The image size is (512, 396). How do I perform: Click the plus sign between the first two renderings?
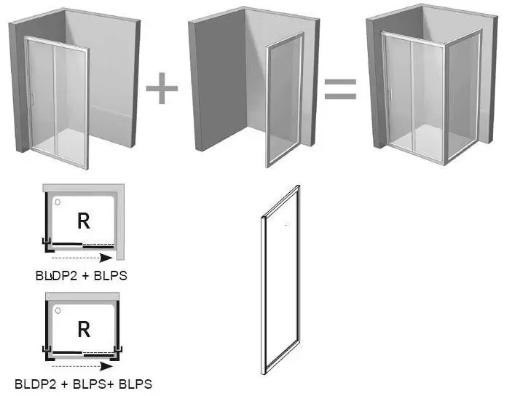[x=162, y=89]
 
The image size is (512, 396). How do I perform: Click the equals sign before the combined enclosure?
[x=340, y=89]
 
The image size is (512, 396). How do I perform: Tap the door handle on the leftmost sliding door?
[x=32, y=100]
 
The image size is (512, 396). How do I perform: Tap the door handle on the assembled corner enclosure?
[x=390, y=94]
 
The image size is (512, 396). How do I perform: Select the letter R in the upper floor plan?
[x=84, y=221]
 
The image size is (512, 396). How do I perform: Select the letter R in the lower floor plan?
[x=84, y=329]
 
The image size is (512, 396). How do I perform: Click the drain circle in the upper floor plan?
[x=58, y=202]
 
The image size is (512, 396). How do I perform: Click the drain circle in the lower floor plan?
[x=58, y=310]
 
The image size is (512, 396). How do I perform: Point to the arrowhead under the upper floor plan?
[x=106, y=258]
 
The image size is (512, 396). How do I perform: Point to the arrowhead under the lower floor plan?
[x=106, y=366]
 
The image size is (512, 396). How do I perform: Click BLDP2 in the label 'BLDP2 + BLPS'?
[x=57, y=276]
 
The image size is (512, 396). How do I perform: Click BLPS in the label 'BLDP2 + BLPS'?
[x=111, y=276]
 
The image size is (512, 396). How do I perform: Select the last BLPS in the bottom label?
[x=135, y=384]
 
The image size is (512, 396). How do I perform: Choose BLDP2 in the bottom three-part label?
[x=36, y=384]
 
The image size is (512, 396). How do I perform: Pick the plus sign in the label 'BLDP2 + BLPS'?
[x=85, y=276]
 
